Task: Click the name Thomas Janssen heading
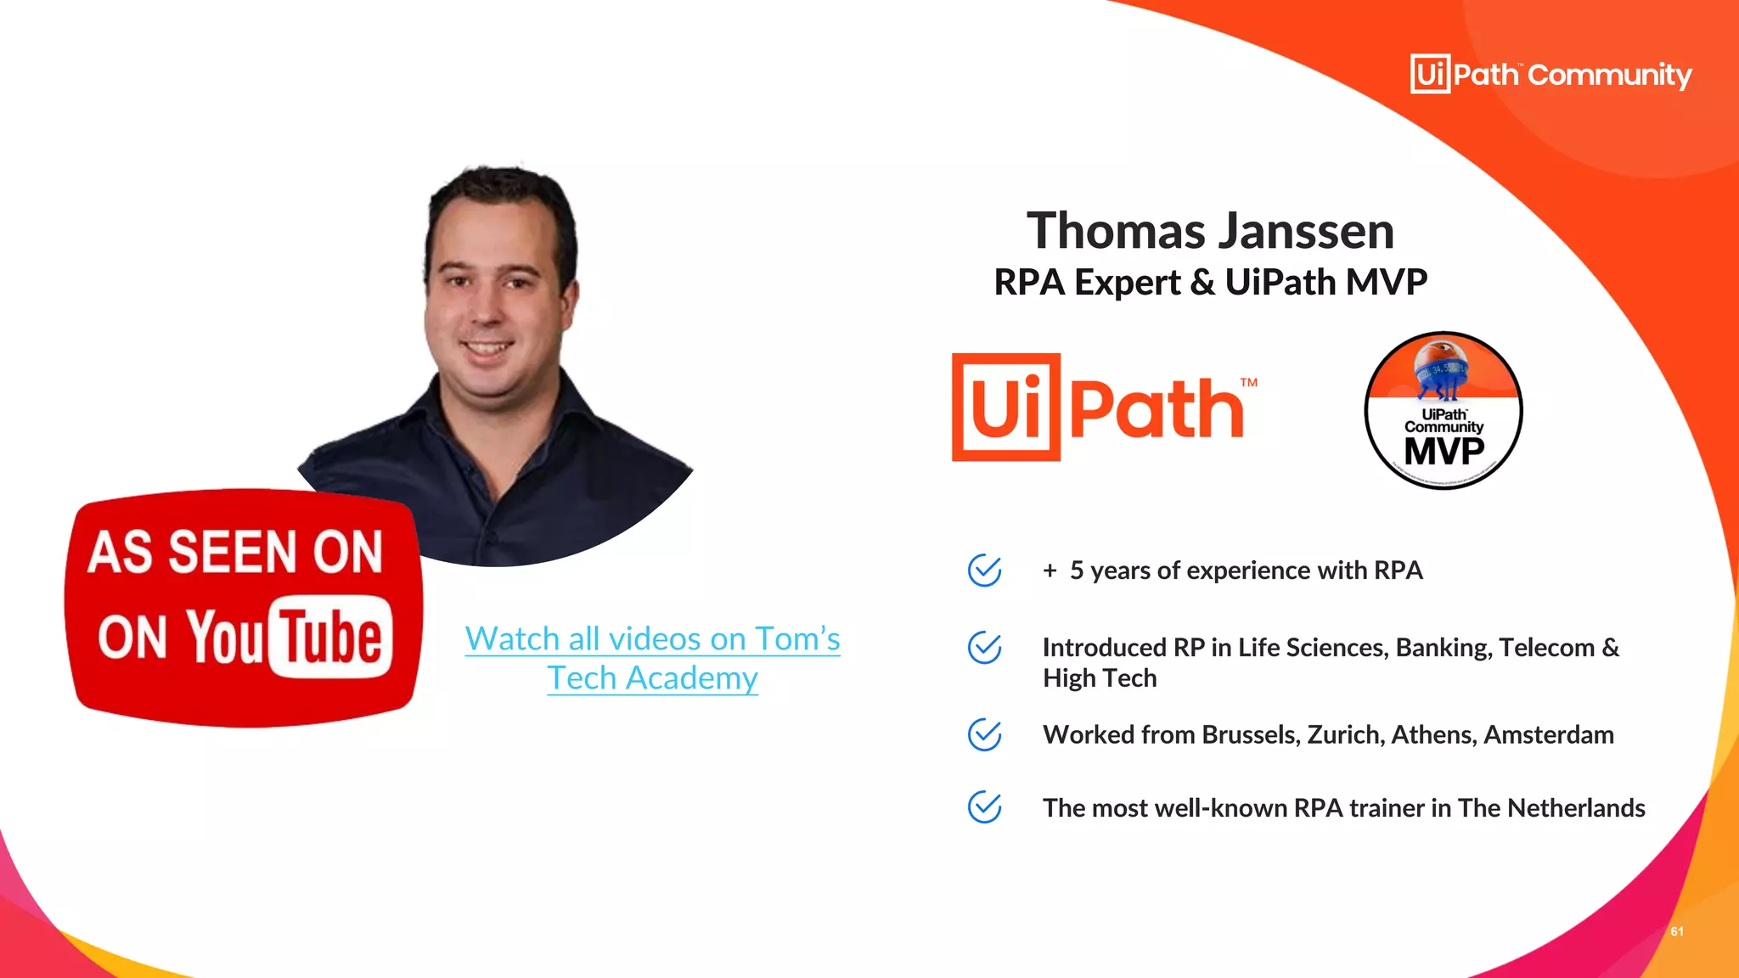click(x=1210, y=231)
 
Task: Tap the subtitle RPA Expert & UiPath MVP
click(x=1210, y=282)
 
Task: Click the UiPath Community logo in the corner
click(x=1550, y=75)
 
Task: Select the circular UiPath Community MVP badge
click(x=1444, y=411)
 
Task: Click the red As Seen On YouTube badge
click(x=244, y=607)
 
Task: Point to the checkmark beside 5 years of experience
click(x=984, y=570)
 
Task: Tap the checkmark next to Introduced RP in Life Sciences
click(x=984, y=648)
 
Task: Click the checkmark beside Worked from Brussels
click(x=984, y=734)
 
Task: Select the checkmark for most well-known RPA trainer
click(x=984, y=807)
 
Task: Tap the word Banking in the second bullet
click(x=1444, y=648)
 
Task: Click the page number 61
click(x=1677, y=931)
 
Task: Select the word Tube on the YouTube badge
click(x=331, y=638)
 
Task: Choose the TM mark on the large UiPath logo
click(x=1248, y=383)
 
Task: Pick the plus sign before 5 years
click(x=1050, y=570)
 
